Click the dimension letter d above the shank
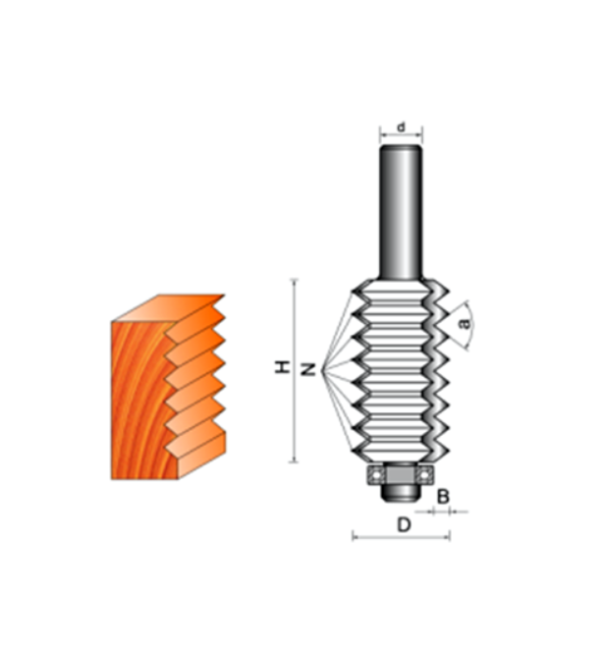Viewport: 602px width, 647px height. pyautogui.click(x=401, y=127)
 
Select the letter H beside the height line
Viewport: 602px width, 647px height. pyautogui.click(x=282, y=367)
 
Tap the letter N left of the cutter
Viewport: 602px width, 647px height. pyautogui.click(x=307, y=369)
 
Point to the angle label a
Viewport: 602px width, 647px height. pyautogui.click(x=465, y=324)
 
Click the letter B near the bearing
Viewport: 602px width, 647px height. pyautogui.click(x=443, y=497)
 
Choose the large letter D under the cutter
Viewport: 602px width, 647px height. pyautogui.click(x=404, y=525)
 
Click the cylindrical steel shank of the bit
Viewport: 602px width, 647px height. pyautogui.click(x=401, y=212)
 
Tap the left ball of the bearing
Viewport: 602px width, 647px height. pyautogui.click(x=376, y=475)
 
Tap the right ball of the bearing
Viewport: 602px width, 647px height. pyautogui.click(x=423, y=475)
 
